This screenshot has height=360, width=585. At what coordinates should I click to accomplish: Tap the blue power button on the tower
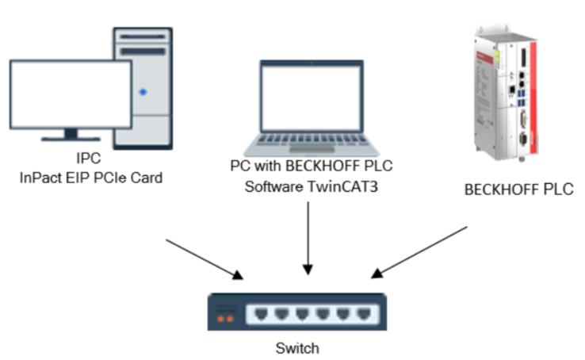click(x=143, y=92)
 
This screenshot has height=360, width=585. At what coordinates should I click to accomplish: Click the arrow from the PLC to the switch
click(x=420, y=252)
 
